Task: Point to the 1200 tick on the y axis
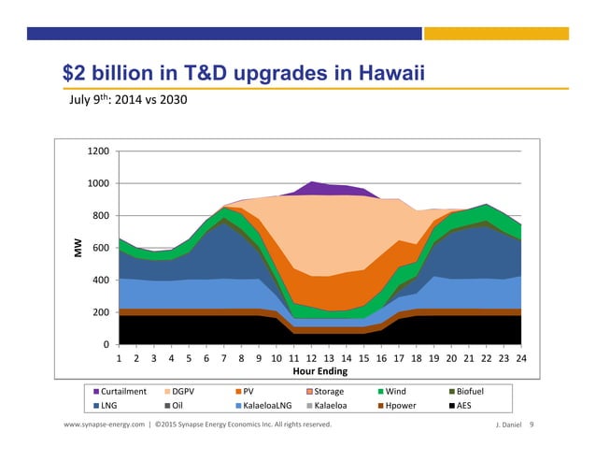[x=98, y=151]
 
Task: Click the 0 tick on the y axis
[x=106, y=345]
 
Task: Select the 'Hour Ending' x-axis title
[x=320, y=371]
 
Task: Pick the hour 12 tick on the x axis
[x=310, y=357]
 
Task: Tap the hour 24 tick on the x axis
[x=521, y=357]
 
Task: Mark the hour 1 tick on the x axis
[x=120, y=357]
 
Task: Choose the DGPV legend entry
[x=185, y=392]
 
